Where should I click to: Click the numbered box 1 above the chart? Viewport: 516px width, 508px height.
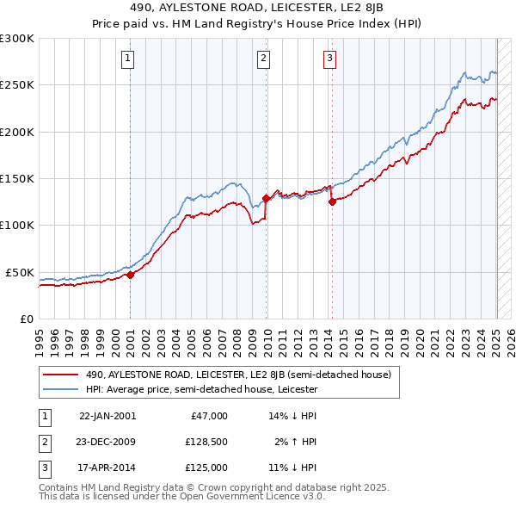[x=127, y=59]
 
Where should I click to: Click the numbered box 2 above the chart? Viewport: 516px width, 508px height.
[x=263, y=59]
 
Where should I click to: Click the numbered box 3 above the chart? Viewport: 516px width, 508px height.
[x=329, y=59]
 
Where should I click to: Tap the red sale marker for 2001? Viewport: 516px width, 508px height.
[x=130, y=276]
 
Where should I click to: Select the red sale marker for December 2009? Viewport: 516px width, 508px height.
[x=266, y=199]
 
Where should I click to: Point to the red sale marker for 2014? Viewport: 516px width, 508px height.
[x=332, y=202]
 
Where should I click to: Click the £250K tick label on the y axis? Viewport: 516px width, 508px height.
[x=17, y=85]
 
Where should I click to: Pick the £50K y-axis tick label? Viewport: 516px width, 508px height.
[x=21, y=272]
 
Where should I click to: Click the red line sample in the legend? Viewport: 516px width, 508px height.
[x=61, y=375]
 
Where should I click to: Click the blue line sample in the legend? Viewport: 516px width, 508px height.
[x=61, y=389]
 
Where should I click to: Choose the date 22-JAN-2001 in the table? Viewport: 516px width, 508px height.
[x=107, y=416]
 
